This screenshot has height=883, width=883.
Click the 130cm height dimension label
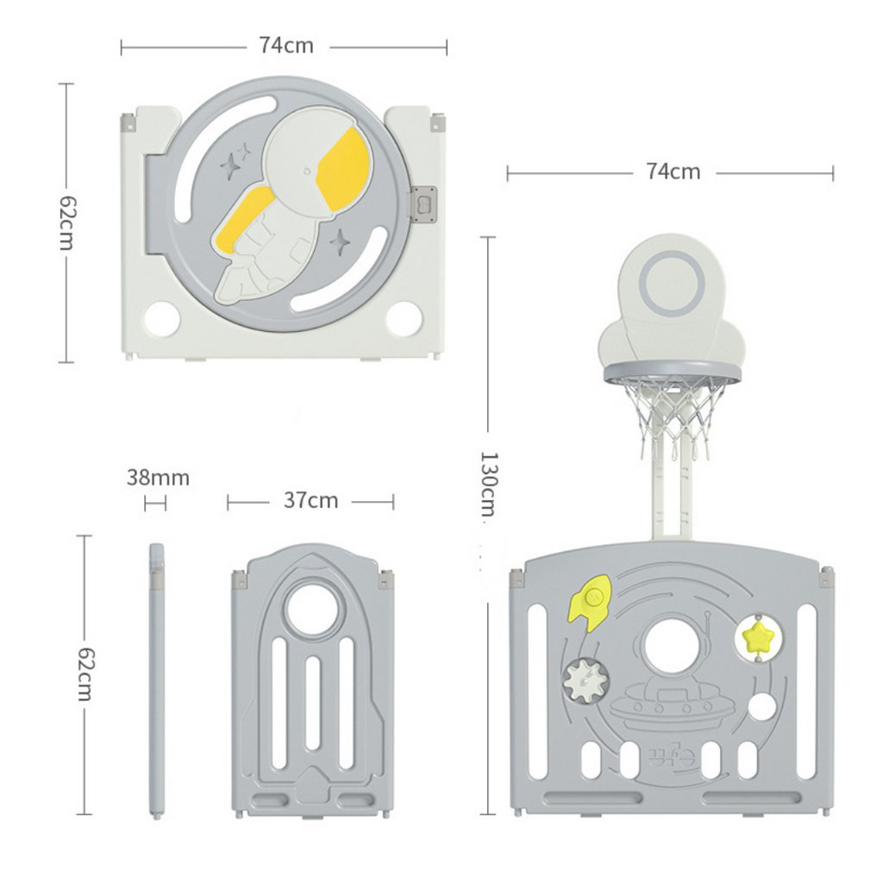(488, 484)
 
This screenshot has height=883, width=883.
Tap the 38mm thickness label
(158, 478)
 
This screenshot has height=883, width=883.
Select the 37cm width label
(310, 500)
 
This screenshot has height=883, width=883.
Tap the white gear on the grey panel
(586, 679)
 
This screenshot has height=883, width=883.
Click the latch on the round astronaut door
(424, 204)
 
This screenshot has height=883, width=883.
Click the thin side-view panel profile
(157, 679)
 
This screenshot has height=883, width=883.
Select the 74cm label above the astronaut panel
(286, 46)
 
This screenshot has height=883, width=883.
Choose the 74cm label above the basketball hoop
(673, 172)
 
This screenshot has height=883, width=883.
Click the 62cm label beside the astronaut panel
(66, 223)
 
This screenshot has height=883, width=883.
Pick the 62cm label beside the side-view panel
(85, 674)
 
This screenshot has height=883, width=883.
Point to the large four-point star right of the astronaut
(340, 242)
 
